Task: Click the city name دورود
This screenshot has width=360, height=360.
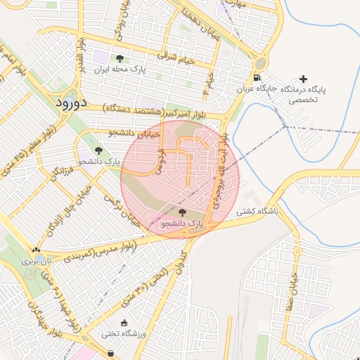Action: coord(70,102)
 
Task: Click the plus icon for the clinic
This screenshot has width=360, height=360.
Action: coord(303,79)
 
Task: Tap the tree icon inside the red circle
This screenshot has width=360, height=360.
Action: coord(183,212)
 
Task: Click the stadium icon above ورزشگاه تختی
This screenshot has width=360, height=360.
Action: coord(124,323)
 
